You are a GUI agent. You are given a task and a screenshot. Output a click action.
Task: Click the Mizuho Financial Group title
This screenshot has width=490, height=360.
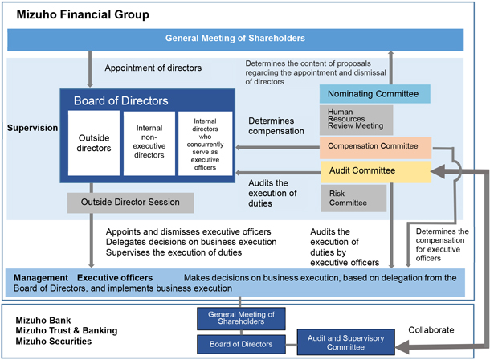(83, 14)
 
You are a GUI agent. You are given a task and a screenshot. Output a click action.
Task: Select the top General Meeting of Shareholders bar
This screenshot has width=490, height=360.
(235, 39)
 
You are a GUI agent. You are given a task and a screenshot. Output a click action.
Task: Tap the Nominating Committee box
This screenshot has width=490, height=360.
(374, 94)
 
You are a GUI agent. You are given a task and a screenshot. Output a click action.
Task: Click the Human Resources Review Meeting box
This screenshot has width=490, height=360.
(356, 120)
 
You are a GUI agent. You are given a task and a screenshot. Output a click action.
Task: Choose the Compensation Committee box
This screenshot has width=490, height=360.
(375, 147)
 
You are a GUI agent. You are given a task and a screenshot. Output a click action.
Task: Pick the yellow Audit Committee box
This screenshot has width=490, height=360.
(374, 170)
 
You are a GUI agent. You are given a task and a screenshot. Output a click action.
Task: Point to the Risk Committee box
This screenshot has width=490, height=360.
(356, 197)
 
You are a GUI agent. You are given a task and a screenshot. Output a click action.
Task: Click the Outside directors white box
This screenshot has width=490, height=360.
(93, 143)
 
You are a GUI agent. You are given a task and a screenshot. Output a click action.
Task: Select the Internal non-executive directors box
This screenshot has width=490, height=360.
(148, 143)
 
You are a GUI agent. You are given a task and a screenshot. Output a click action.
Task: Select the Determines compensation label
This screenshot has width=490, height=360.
(276, 125)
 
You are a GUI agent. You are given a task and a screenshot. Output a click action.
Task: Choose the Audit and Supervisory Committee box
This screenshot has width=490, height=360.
(346, 342)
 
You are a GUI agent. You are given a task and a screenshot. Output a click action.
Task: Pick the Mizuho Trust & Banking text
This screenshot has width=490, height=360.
(66, 330)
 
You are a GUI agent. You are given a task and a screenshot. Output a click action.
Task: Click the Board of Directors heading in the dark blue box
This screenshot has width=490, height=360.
(120, 101)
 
